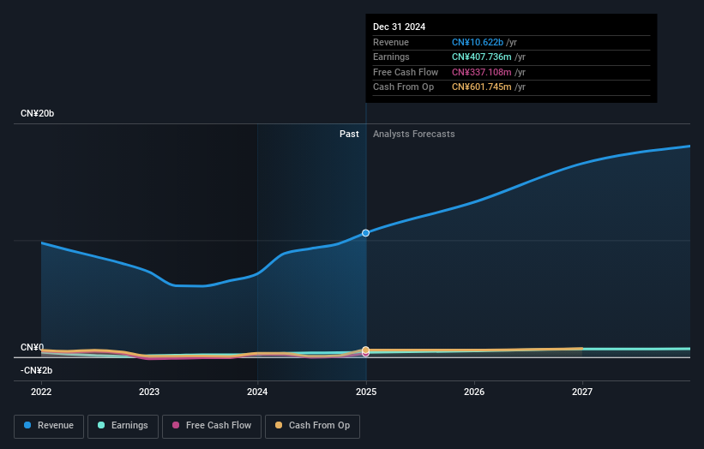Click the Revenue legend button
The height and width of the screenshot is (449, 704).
(49, 425)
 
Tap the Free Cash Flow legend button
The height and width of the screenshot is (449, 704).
(211, 425)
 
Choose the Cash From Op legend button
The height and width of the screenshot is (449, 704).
(313, 425)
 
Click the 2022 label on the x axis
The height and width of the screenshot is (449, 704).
(41, 392)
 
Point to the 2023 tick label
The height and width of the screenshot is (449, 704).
(149, 392)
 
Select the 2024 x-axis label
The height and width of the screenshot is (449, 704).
(257, 392)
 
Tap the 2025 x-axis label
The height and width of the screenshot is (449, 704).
(366, 392)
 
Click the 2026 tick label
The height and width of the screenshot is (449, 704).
(474, 392)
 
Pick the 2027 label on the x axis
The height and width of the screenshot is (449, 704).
(582, 392)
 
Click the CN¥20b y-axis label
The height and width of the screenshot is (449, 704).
(37, 113)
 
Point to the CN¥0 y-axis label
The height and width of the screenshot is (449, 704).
(32, 347)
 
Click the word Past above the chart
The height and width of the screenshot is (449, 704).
(349, 134)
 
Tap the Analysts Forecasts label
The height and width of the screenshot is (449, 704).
(413, 134)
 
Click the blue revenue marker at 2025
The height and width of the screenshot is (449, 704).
(366, 233)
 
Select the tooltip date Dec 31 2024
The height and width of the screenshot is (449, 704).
(399, 27)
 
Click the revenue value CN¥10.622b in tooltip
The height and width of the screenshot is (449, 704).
(478, 43)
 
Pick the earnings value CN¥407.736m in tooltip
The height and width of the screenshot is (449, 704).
(482, 57)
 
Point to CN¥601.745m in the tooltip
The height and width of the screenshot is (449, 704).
(482, 87)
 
